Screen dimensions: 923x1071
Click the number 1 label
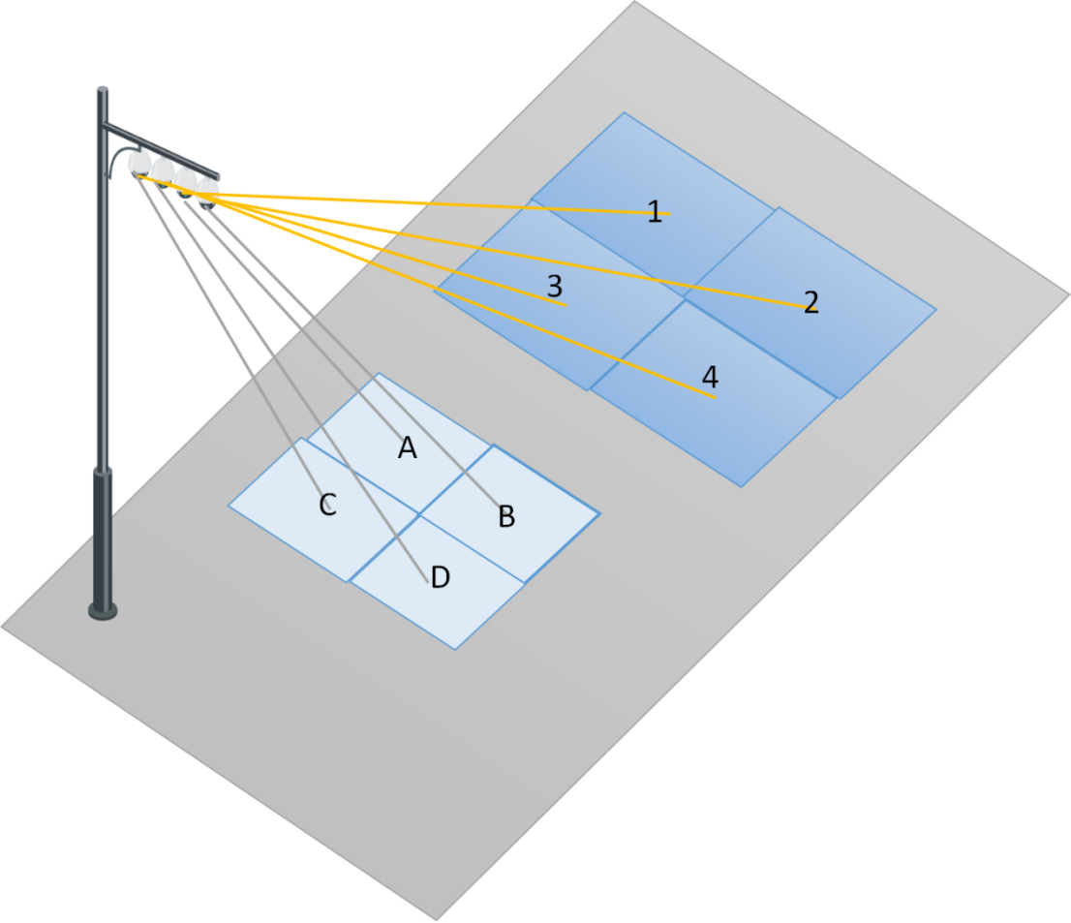pos(655,212)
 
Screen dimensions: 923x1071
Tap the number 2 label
pos(811,302)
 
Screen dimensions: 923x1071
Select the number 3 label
pos(555,286)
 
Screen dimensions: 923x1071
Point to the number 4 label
pos(710,376)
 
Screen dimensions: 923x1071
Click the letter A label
pos(408,447)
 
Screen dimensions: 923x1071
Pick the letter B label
pos(505,517)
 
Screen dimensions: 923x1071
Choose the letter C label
pos(327,505)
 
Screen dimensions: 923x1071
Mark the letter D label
pos(440,578)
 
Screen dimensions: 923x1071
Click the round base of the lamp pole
pos(103,610)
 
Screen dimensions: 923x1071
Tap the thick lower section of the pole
pos(102,533)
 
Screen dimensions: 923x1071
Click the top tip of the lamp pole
pos(102,91)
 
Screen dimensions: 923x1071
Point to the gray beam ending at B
pos(349,349)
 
